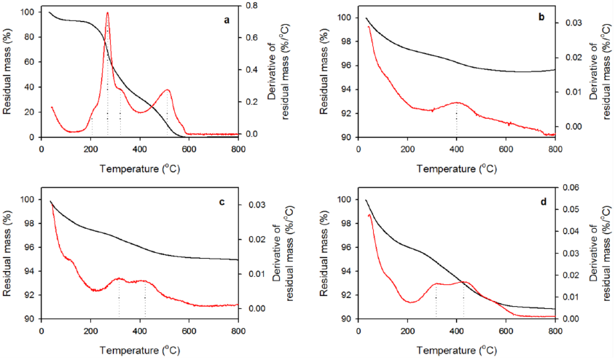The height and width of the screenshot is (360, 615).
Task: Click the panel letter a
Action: pyautogui.click(x=227, y=20)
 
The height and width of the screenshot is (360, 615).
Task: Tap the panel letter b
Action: pyautogui.click(x=541, y=15)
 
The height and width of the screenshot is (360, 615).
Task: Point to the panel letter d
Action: pyautogui.click(x=541, y=200)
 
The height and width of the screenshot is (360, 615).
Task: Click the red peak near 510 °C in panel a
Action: pyautogui.click(x=167, y=90)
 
